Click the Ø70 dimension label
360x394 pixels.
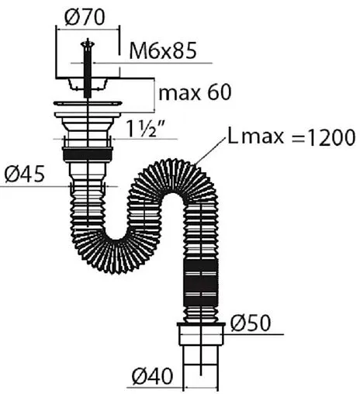pyautogui.click(x=85, y=17)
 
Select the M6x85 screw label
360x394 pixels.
pyautogui.click(x=163, y=50)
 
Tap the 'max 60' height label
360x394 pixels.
pyautogui.click(x=195, y=92)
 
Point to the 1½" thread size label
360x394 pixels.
pyautogui.click(x=146, y=129)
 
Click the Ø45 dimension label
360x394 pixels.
pyautogui.click(x=25, y=173)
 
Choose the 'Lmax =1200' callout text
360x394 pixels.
pyautogui.click(x=292, y=137)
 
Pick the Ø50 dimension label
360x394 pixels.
pyautogui.click(x=251, y=323)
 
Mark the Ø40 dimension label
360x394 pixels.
pyautogui.click(x=152, y=375)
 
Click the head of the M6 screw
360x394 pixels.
pyautogui.click(x=88, y=44)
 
